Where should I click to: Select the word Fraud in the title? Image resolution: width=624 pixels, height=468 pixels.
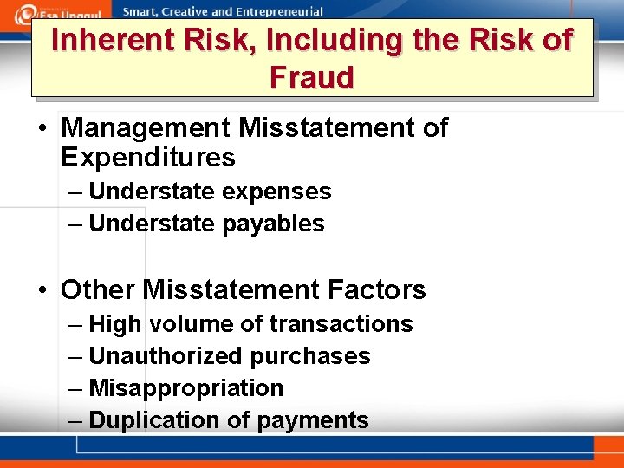[312, 78]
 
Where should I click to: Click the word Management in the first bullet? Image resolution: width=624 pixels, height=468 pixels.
[146, 128]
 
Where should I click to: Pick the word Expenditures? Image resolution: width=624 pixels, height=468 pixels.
[148, 158]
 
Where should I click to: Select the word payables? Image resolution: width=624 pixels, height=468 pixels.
[273, 224]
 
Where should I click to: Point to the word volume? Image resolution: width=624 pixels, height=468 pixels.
[191, 324]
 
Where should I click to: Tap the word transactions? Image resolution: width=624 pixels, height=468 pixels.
[341, 324]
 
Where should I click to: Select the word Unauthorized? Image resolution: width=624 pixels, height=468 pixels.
[166, 356]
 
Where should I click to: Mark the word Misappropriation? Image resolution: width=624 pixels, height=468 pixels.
[186, 388]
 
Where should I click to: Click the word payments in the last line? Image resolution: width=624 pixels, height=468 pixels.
[312, 420]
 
